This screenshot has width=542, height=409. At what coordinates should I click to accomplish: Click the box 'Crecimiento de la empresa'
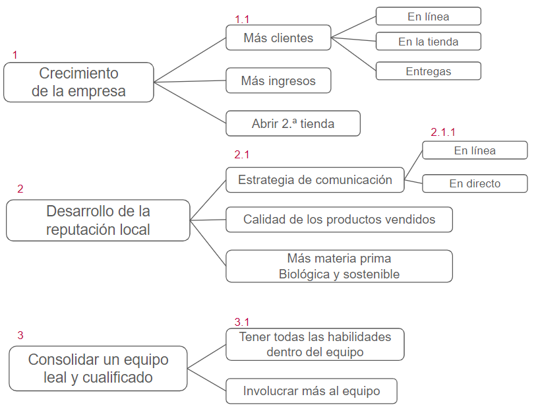tap(78, 82)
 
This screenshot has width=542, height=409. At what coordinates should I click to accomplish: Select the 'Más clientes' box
tap(278, 38)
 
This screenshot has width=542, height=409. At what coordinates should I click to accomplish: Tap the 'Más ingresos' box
tap(278, 81)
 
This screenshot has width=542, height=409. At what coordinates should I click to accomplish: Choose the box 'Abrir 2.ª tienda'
tap(293, 123)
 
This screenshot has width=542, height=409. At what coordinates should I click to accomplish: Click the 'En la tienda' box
tap(428, 42)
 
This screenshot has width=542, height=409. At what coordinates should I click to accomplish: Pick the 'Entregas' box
tap(428, 71)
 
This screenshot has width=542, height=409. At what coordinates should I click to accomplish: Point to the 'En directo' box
tap(475, 183)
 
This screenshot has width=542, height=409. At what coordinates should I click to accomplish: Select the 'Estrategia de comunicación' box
tap(315, 179)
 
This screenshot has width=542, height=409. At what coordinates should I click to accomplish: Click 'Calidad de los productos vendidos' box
tap(339, 219)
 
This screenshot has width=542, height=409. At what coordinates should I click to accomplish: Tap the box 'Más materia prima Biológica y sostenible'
tap(339, 266)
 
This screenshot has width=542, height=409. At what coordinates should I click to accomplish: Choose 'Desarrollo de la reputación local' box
tap(98, 220)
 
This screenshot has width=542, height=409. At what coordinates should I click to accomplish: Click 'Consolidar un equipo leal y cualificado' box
tap(98, 368)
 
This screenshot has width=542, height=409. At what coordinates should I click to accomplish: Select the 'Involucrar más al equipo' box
tap(311, 391)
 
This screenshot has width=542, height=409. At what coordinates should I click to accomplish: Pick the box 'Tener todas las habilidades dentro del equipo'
tap(315, 344)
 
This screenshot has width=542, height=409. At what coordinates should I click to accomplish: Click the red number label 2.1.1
tap(443, 133)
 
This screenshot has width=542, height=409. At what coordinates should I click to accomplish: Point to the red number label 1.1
tap(243, 20)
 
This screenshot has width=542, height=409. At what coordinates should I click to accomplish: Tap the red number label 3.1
tap(242, 322)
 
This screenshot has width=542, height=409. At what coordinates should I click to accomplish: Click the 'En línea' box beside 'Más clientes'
tap(428, 16)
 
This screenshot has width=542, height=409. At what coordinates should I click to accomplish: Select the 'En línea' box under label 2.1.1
tap(475, 150)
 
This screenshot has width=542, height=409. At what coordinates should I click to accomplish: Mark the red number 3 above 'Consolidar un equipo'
tap(20, 335)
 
